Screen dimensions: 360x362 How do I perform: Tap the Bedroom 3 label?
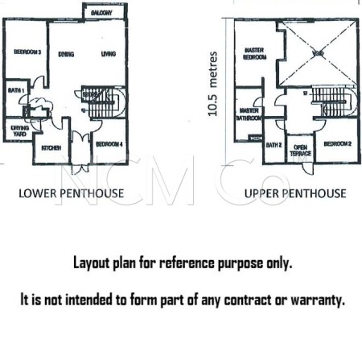point(27,53)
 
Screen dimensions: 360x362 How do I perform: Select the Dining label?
point(67,54)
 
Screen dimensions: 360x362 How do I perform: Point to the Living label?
point(108,54)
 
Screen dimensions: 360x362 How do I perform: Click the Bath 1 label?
point(15,90)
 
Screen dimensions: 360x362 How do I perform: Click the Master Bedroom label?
point(255,53)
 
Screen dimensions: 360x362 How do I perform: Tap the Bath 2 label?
point(274,146)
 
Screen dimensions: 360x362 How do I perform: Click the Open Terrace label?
point(300,150)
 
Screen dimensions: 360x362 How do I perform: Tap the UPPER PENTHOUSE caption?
point(295,193)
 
